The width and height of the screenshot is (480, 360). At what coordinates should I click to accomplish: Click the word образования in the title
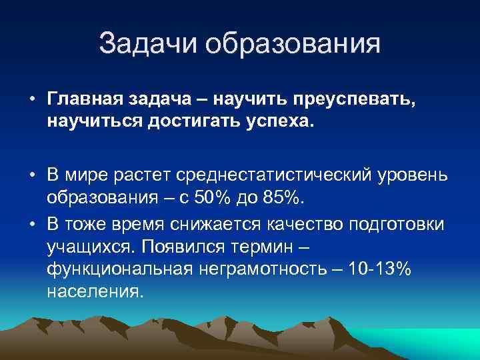click(293, 44)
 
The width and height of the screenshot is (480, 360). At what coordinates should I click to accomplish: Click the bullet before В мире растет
click(32, 174)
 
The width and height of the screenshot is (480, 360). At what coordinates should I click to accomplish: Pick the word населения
click(94, 292)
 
